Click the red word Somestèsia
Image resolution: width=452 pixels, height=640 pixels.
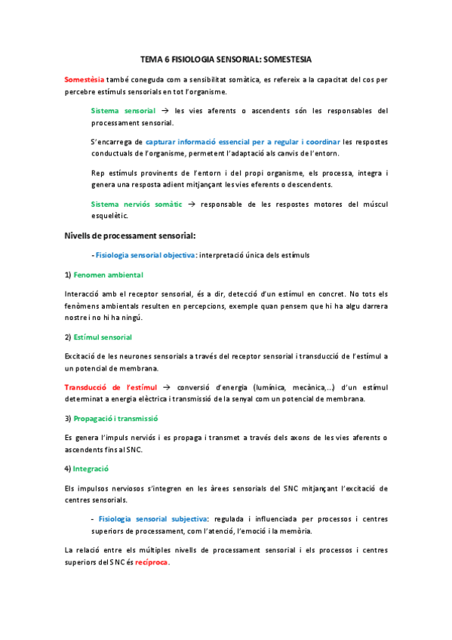pyautogui.click(x=85, y=78)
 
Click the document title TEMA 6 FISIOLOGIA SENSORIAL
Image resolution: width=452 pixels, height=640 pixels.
pyautogui.click(x=226, y=58)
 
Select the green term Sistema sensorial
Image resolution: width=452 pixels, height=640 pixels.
pyautogui.click(x=124, y=110)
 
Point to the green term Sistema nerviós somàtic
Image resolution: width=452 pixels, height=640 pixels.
pyautogui.click(x=135, y=204)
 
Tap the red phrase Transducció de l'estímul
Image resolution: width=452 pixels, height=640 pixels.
pyautogui.click(x=111, y=387)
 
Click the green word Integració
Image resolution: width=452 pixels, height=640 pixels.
pyautogui.click(x=91, y=469)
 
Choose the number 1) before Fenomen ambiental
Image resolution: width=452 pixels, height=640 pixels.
pyautogui.click(x=68, y=275)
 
